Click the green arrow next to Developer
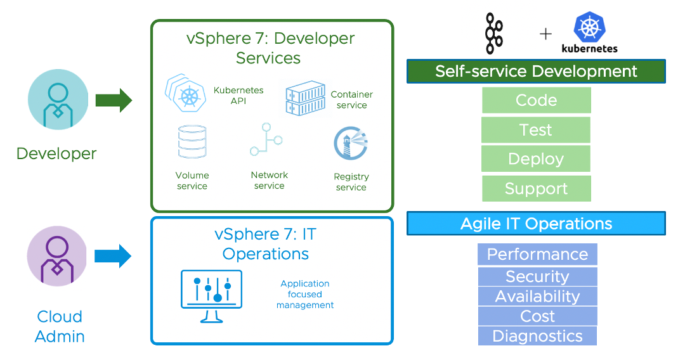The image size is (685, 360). [x=114, y=100]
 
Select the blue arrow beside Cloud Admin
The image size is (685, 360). [x=112, y=256]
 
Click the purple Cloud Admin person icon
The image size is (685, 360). [x=57, y=257]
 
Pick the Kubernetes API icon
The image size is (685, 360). [x=185, y=94]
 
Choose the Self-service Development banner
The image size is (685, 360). [x=536, y=71]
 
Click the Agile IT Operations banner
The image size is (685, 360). [x=536, y=224]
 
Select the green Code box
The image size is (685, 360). [x=536, y=100]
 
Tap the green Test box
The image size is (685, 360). [x=536, y=130]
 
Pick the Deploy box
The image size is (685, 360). [x=536, y=158]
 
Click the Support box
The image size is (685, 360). [x=536, y=188]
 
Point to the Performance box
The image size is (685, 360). [x=537, y=254]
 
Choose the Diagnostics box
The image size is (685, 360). [x=537, y=336]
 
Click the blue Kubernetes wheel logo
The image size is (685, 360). [x=589, y=29]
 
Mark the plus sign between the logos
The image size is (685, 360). [x=545, y=34]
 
